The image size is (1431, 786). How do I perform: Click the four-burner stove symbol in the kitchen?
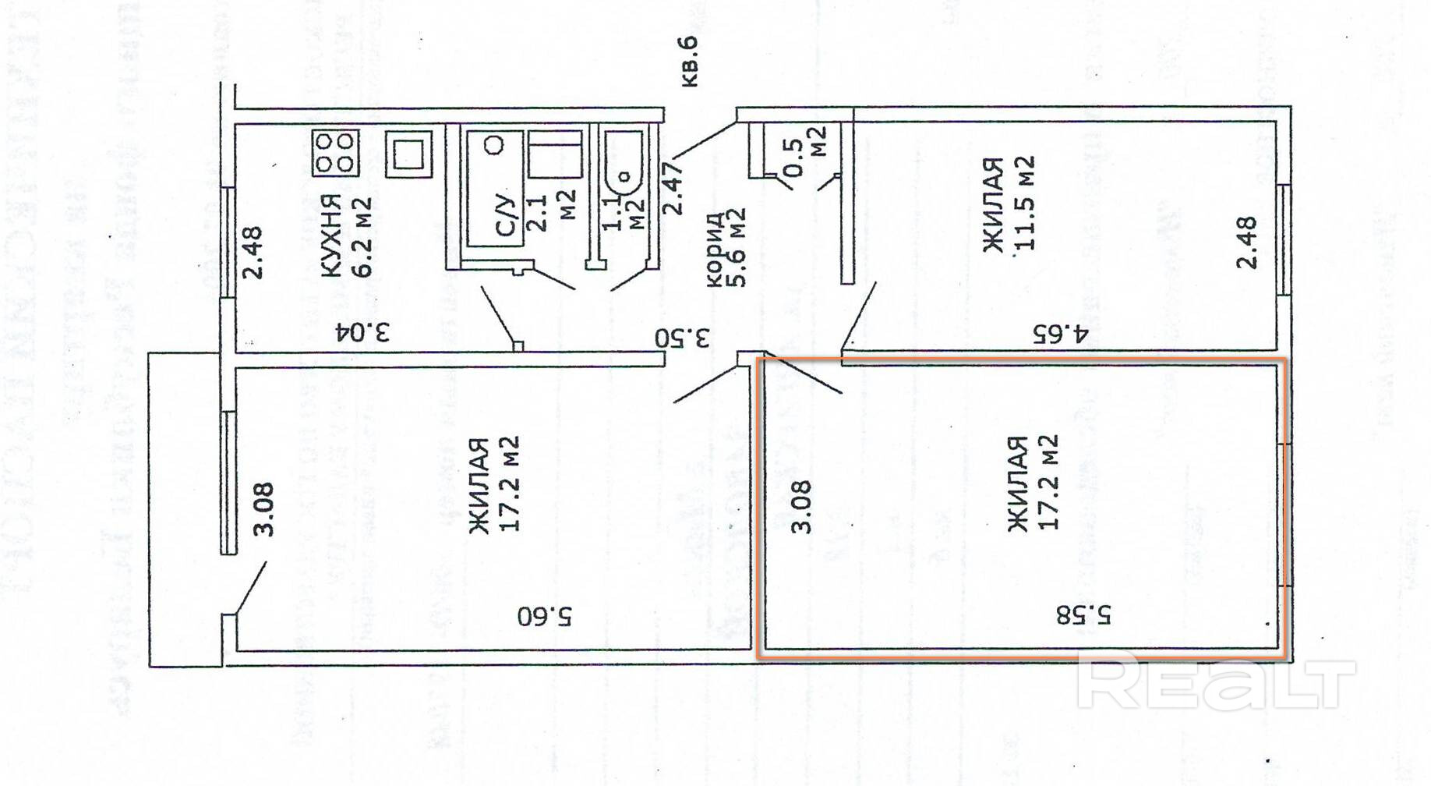coord(336,153)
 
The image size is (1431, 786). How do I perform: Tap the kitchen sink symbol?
coord(408,154)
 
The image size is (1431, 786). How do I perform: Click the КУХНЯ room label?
coord(331,235)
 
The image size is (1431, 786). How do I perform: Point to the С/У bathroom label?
coord(507,213)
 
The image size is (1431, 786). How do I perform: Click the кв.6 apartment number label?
coord(689,61)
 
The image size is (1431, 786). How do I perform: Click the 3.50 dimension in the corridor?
coord(683,338)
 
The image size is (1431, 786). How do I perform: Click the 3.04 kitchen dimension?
coord(363,333)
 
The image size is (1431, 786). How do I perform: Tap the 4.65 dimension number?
coord(1060,334)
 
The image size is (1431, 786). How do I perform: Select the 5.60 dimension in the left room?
coord(545,616)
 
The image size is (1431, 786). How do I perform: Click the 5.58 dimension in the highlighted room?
coord(1084,615)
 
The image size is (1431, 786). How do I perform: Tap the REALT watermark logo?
coord(1216,684)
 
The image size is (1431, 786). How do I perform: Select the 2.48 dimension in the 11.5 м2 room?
coord(1247,243)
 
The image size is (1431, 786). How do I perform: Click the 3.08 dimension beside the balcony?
coord(264,508)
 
